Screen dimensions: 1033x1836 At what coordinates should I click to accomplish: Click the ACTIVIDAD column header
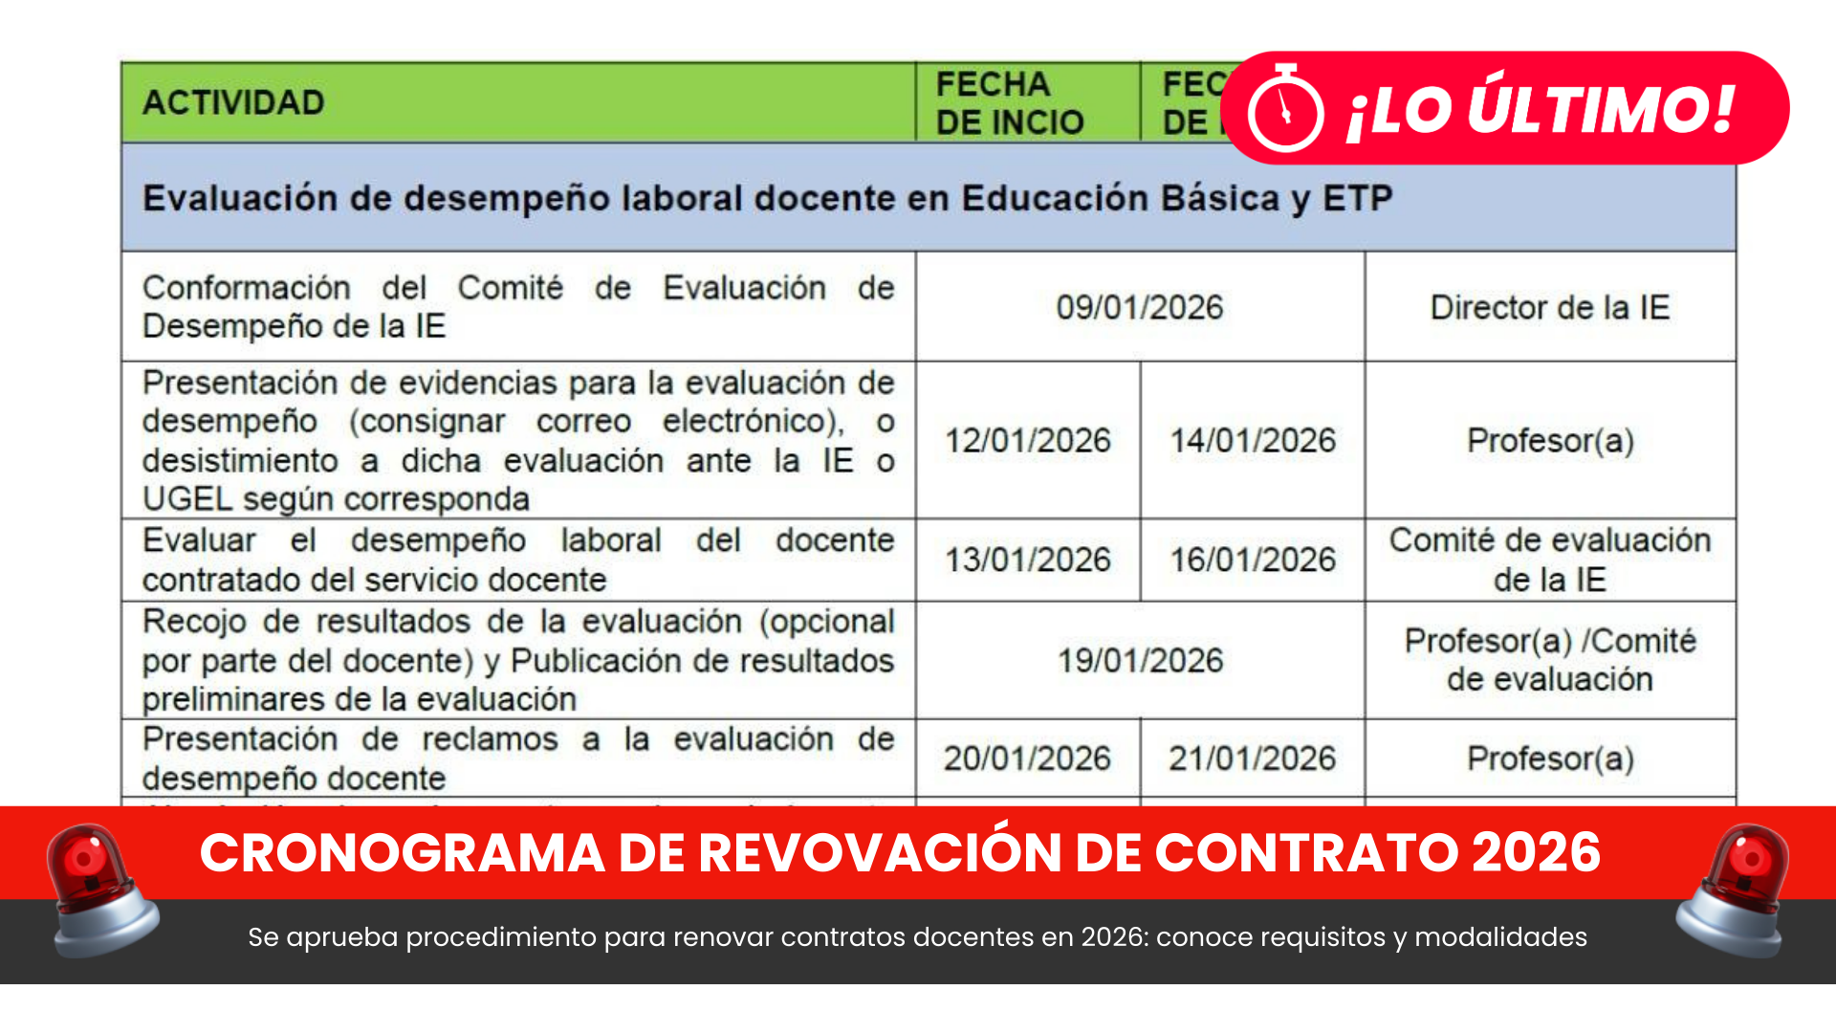[233, 102]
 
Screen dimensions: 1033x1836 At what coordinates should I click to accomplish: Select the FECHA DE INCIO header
[1009, 102]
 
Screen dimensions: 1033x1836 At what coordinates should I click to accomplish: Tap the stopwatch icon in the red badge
[1285, 110]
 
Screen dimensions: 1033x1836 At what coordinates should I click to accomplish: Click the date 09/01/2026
[1139, 307]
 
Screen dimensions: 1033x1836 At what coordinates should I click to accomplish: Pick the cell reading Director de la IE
[1549, 307]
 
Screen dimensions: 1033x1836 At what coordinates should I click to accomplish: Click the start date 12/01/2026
[1027, 440]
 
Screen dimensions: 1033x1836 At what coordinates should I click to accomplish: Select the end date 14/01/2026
[1252, 440]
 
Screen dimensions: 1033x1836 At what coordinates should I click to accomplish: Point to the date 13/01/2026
[1027, 560]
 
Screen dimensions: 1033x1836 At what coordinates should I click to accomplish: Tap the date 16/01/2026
[1252, 560]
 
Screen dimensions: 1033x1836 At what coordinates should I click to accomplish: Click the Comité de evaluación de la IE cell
[1549, 560]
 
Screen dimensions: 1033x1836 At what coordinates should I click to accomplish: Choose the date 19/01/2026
[1139, 660]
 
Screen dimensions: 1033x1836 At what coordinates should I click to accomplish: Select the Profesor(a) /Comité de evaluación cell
[1549, 660]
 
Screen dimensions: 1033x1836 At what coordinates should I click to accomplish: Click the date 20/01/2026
[1027, 758]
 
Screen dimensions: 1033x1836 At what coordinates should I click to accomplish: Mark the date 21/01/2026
[1252, 758]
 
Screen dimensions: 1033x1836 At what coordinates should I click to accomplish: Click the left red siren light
[100, 890]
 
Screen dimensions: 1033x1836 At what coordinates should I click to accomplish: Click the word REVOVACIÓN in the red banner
[880, 852]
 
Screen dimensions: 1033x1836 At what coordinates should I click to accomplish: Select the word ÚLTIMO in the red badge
[1602, 108]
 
